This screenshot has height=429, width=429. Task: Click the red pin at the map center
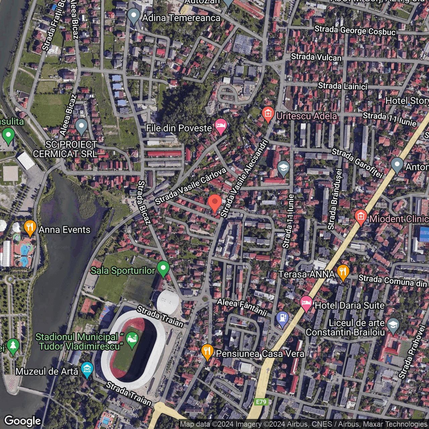tap(214, 202)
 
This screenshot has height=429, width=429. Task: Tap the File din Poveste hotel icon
tap(221, 126)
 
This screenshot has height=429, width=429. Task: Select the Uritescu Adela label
tap(306, 116)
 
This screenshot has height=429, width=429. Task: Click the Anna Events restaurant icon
tap(30, 228)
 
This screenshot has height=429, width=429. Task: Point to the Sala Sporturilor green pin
tap(163, 268)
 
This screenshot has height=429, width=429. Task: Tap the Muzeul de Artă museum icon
tap(87, 369)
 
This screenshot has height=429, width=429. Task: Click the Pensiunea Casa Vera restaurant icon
tap(207, 352)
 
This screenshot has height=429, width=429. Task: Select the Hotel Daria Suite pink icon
tap(306, 303)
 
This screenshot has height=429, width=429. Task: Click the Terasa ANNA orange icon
tap(343, 272)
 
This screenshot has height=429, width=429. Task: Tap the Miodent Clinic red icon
tap(361, 217)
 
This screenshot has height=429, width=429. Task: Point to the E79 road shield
tap(261, 402)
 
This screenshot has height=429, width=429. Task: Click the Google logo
tap(22, 421)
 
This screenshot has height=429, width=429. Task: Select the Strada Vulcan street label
tap(316, 57)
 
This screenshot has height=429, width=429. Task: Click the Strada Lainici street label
tap(343, 86)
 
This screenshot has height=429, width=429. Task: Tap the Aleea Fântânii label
tap(242, 307)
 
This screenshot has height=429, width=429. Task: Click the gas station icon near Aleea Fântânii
tap(283, 318)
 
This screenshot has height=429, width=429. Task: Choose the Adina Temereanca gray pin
tap(134, 15)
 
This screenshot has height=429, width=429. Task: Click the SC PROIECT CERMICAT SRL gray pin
tap(81, 126)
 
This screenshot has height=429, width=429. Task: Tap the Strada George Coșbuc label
tap(355, 30)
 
